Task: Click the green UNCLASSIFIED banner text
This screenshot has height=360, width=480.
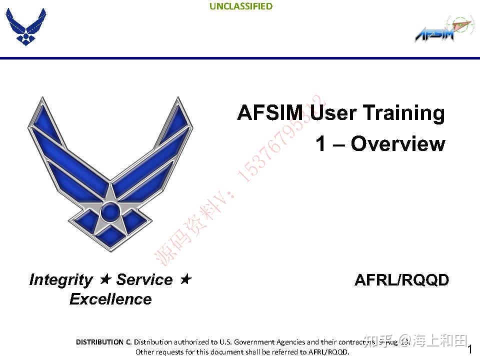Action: coord(241,6)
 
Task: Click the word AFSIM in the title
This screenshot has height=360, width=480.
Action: coord(272,113)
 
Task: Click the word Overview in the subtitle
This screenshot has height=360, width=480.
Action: coord(397,144)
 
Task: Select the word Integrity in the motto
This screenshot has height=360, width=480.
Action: coord(61,280)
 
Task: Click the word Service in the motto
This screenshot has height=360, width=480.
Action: coord(144,280)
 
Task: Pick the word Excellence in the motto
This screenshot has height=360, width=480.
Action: coord(110,299)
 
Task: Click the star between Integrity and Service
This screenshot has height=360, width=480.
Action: coord(104,279)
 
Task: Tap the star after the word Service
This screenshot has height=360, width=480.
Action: coord(185,279)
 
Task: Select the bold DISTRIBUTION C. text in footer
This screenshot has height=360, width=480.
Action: coord(103,342)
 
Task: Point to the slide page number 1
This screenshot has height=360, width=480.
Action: coord(469,349)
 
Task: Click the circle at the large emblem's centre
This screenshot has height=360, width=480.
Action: coord(110,211)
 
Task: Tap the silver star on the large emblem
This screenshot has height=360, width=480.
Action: coord(110,200)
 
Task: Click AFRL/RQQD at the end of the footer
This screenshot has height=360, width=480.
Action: coord(328,352)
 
